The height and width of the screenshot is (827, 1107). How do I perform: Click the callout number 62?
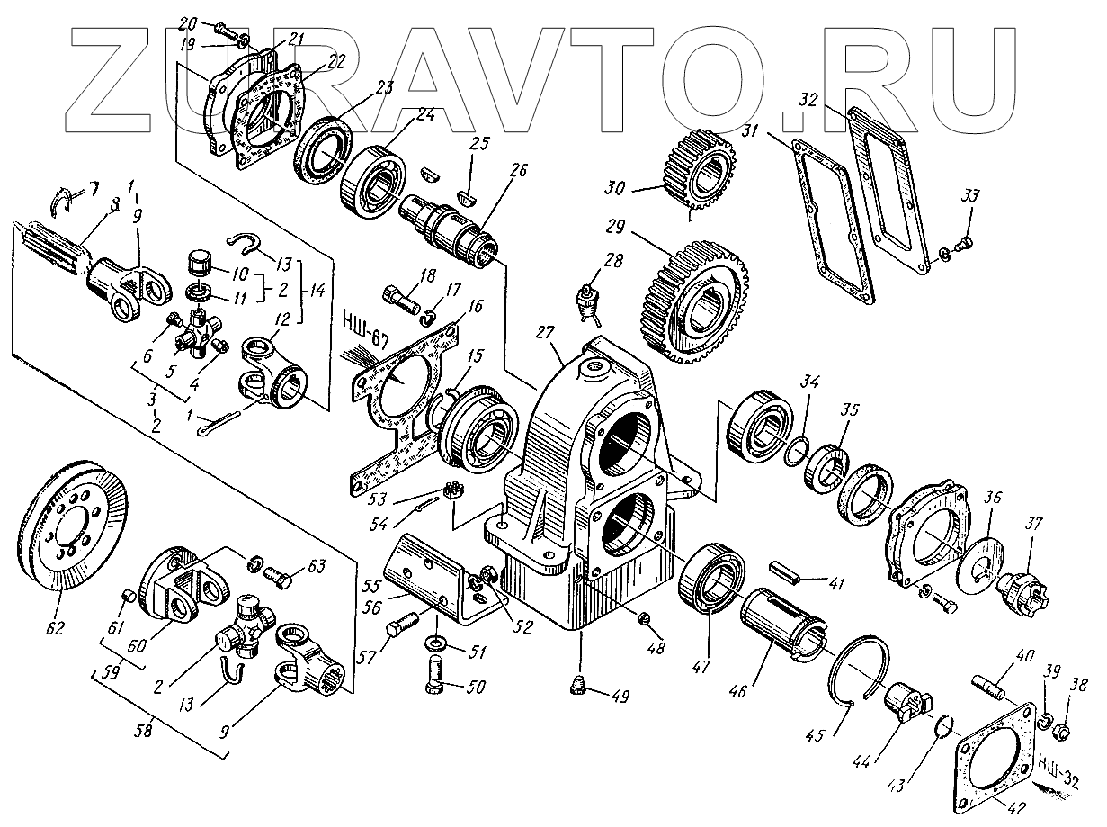(x=57, y=627)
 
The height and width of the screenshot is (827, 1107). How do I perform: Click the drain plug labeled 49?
(x=577, y=688)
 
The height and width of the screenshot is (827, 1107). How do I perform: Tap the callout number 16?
(x=475, y=306)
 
